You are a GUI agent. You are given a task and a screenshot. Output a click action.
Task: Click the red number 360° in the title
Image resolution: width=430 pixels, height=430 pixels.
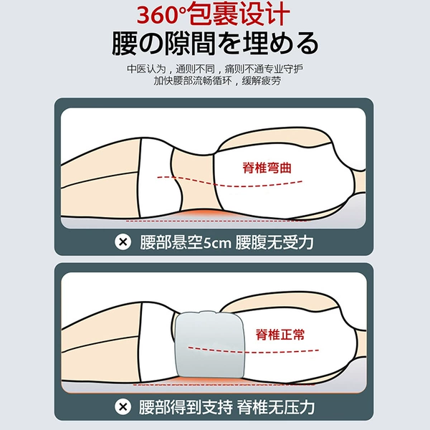click(163, 14)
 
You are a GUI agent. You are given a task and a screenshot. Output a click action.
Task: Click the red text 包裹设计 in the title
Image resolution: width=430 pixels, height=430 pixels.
click(239, 14)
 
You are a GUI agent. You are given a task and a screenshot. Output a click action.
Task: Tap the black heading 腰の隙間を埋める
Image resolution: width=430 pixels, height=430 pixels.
click(215, 43)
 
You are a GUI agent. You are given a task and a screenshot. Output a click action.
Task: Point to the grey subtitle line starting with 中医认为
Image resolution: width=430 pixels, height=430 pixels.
click(215, 69)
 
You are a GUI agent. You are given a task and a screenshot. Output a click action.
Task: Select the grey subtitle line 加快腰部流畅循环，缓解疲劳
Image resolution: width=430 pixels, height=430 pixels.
click(217, 80)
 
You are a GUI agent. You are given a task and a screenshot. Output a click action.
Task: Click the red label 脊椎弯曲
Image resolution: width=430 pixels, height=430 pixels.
click(267, 168)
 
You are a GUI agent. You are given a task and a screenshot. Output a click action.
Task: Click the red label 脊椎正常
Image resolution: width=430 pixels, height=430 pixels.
click(280, 334)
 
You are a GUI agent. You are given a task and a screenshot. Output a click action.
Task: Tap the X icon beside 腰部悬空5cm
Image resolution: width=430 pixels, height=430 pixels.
click(123, 242)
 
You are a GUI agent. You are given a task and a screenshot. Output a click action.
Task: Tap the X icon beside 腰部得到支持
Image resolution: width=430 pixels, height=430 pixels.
click(123, 406)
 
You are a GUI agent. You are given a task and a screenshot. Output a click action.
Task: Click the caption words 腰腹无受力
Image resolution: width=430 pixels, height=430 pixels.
click(274, 242)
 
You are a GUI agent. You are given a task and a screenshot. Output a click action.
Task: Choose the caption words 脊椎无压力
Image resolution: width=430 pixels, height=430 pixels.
click(276, 407)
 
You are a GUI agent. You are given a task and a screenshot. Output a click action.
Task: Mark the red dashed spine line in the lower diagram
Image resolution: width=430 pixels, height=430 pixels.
click(254, 351)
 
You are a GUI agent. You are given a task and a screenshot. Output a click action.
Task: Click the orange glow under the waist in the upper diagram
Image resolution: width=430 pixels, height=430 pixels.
click(201, 214)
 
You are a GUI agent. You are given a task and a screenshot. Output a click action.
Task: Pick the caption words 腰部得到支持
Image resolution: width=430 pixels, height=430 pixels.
click(186, 407)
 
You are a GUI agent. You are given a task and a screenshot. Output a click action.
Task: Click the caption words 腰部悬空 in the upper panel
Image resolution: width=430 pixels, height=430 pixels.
click(171, 242)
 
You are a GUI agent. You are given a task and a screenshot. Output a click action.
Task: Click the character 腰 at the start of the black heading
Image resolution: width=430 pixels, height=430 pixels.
click(124, 44)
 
